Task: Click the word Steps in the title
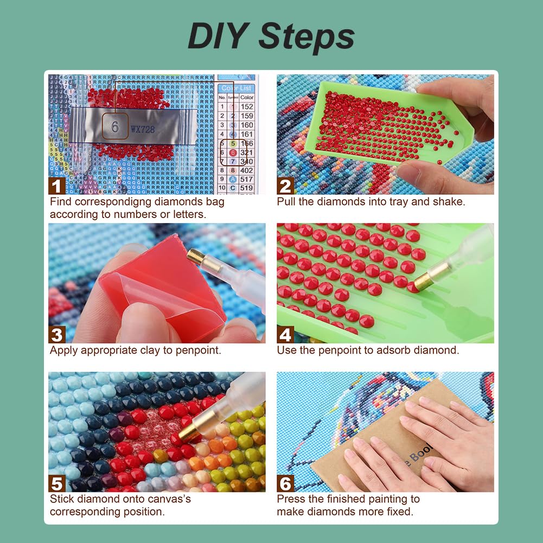tap(306, 37)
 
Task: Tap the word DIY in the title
tap(219, 37)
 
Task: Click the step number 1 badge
tap(57, 186)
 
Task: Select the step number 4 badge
tap(285, 334)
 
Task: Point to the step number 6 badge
tap(285, 483)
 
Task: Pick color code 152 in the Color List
tap(247, 107)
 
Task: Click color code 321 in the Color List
tap(247, 153)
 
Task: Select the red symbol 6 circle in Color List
tap(233, 153)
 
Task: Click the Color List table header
tap(237, 88)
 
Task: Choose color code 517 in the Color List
tap(247, 180)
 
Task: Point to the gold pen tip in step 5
tap(187, 432)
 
